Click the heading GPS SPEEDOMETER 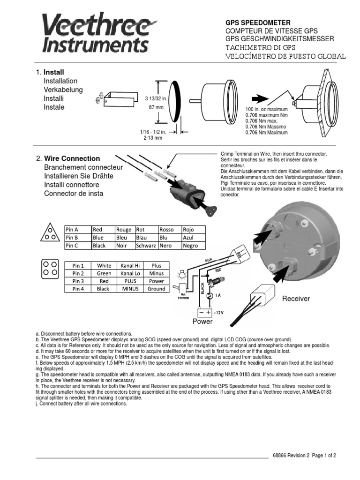(258, 22)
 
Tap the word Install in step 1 (54, 73)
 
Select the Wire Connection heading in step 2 (72, 158)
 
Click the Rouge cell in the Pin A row (124, 230)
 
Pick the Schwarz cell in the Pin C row (146, 246)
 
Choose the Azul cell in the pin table (188, 238)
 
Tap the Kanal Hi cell (131, 265)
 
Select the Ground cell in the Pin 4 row (156, 289)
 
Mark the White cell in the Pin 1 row (104, 265)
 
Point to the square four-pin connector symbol (50, 268)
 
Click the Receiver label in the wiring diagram (296, 299)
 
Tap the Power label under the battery (202, 322)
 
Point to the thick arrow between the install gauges (259, 99)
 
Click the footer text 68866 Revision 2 (291, 455)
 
